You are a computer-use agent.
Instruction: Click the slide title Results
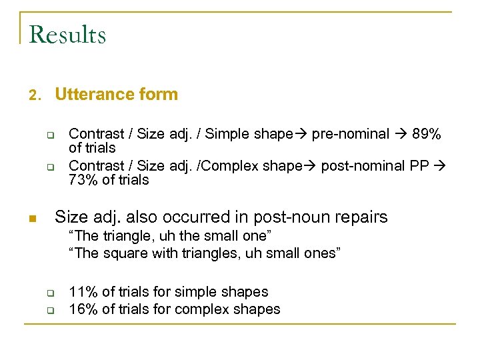point(68,35)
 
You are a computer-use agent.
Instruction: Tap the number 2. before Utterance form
point(35,95)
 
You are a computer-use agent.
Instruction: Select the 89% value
point(427,134)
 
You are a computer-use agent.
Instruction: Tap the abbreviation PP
point(419,165)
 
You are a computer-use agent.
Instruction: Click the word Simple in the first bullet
point(226,134)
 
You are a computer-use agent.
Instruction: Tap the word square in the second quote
point(121,253)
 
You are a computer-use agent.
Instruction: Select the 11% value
point(83,292)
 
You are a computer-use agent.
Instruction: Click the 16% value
point(83,309)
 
